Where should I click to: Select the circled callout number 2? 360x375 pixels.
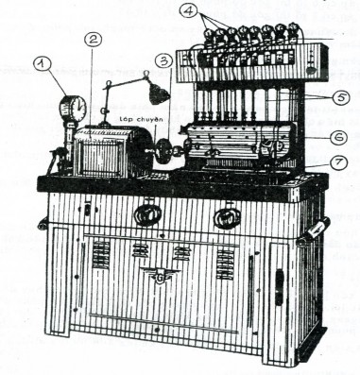91,40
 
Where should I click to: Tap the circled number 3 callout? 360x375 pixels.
163,59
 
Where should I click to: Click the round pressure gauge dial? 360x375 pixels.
67,107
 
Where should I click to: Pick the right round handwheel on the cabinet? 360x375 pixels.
224,218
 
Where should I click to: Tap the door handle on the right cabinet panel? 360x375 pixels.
281,283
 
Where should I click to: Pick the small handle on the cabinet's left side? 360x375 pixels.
43,224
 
